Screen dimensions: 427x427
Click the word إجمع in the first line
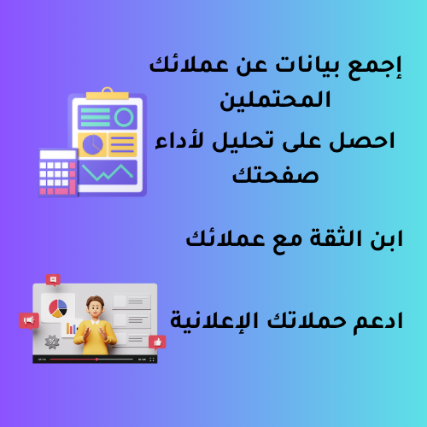coord(375,67)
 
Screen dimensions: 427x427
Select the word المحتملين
coord(275,101)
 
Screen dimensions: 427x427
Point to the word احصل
coord(362,141)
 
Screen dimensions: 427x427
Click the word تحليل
coord(243,142)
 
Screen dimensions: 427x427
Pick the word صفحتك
coord(275,174)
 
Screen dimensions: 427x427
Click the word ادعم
coord(378,322)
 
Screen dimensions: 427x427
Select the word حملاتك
coord(307,320)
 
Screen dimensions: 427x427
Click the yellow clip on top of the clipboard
coord(108,94)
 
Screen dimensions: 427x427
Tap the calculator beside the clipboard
coord(58,173)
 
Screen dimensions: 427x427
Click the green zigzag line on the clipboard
coord(108,173)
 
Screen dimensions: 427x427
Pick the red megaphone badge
coord(29,321)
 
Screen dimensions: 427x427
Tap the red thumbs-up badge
coord(157,342)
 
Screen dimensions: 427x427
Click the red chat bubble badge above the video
coord(53,280)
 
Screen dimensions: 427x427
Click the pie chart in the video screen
coord(58,308)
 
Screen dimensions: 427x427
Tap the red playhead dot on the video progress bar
coord(97,360)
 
